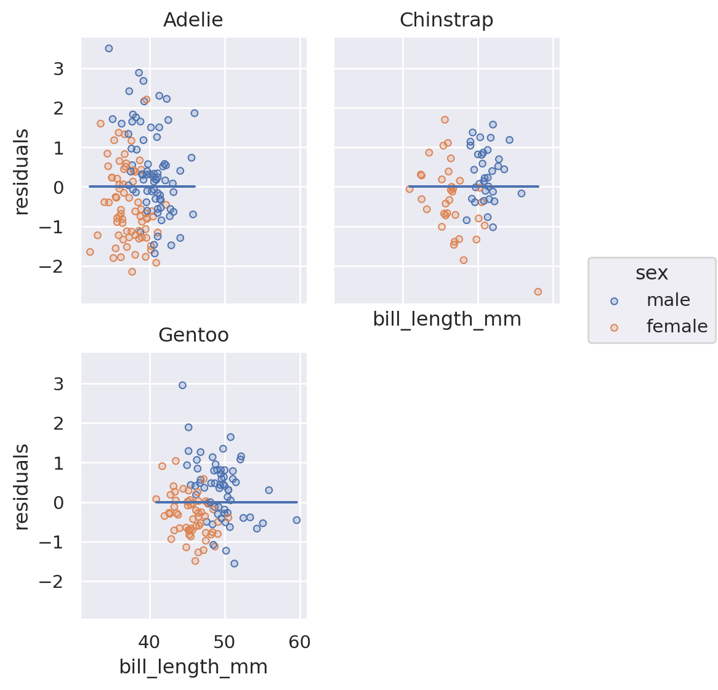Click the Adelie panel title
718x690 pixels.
click(193, 20)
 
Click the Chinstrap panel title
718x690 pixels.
click(446, 20)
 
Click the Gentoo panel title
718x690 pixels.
click(193, 335)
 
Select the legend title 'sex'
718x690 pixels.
click(651, 273)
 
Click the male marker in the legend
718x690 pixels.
click(613, 301)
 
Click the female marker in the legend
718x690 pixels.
click(613, 327)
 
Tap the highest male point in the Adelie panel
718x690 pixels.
click(109, 49)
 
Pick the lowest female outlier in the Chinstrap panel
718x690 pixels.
click(538, 292)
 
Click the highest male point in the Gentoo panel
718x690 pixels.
click(182, 385)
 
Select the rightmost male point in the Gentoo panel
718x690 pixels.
click(296, 520)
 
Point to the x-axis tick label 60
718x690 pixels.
click(300, 643)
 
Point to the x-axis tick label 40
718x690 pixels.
click(150, 643)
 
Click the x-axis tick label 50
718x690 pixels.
click(225, 643)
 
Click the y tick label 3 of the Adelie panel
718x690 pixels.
click(58, 69)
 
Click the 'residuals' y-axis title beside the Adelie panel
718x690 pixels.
click(22, 171)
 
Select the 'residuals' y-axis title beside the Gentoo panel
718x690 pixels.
click(22, 486)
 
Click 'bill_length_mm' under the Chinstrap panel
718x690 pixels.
click(447, 319)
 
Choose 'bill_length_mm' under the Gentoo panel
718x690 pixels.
click(193, 667)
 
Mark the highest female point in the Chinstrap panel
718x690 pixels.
click(445, 120)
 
